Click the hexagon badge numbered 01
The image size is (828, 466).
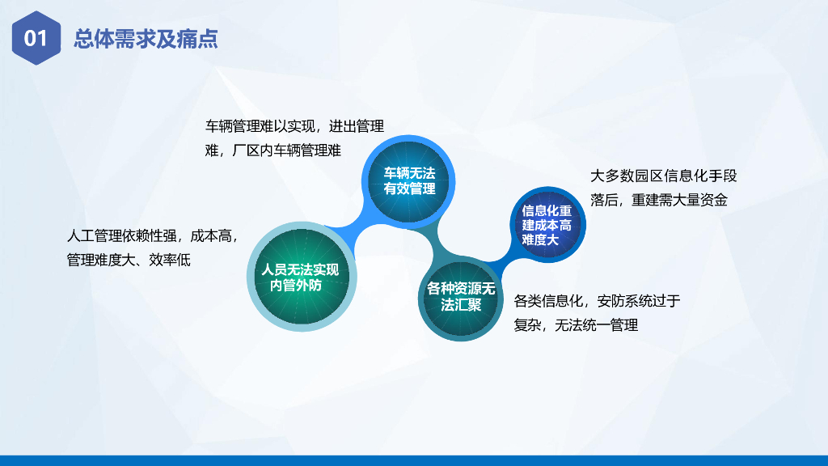(x=36, y=38)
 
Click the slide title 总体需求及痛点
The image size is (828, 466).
(x=146, y=39)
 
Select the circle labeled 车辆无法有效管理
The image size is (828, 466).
(x=408, y=181)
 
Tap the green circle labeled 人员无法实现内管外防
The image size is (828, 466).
(x=302, y=277)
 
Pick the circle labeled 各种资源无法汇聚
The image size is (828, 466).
(x=460, y=297)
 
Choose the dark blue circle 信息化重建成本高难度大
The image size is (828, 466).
(x=547, y=225)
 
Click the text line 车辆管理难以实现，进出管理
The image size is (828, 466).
(x=294, y=126)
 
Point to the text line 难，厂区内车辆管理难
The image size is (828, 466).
(x=273, y=150)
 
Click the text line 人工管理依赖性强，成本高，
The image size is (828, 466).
(x=153, y=235)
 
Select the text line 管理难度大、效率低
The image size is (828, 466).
(x=129, y=260)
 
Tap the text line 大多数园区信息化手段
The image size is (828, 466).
(x=663, y=176)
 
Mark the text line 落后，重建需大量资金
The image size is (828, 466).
(x=658, y=200)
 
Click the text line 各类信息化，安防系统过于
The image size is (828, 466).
(x=597, y=301)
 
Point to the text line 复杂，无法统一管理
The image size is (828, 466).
(x=576, y=325)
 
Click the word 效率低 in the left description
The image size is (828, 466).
(x=170, y=260)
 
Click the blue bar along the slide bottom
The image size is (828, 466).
(x=414, y=460)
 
